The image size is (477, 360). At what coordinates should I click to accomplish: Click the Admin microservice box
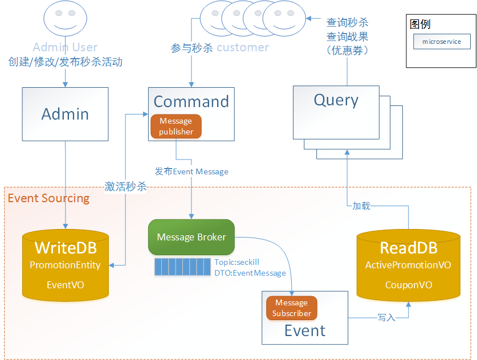point(65,114)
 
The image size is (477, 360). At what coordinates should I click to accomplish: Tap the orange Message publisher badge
point(176,126)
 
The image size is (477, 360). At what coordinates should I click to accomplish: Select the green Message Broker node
point(191,237)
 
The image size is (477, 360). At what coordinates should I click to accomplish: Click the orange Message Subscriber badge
point(291,308)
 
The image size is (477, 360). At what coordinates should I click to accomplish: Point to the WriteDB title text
point(66,248)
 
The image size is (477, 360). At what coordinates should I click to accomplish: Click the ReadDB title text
point(408,248)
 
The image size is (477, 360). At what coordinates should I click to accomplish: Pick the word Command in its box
point(191,101)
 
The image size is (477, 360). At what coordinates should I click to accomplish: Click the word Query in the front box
point(336,100)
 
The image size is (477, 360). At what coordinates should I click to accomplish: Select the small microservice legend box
point(442,42)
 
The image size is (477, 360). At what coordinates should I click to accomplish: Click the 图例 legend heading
point(420,24)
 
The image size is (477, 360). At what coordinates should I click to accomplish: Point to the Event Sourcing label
point(48,198)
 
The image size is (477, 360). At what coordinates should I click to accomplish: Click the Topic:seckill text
point(237,262)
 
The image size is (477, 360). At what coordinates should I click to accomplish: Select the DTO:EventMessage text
point(250,273)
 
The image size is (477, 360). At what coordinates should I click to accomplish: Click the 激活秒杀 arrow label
point(126,187)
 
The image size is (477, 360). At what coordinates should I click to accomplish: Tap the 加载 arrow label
point(361,206)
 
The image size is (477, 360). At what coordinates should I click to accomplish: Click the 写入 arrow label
point(386,317)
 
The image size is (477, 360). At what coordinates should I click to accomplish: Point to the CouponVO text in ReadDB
point(408,285)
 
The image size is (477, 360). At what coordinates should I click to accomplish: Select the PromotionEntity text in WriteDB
point(65,265)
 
